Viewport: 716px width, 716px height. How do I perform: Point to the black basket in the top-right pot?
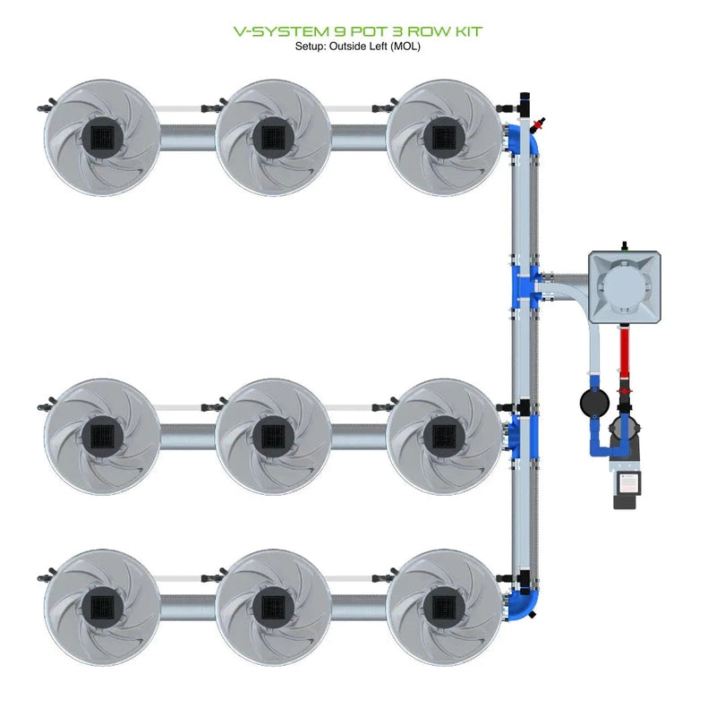coord(441,136)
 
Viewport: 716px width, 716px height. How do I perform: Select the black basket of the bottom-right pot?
coord(441,606)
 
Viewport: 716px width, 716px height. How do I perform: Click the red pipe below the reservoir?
coord(625,354)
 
